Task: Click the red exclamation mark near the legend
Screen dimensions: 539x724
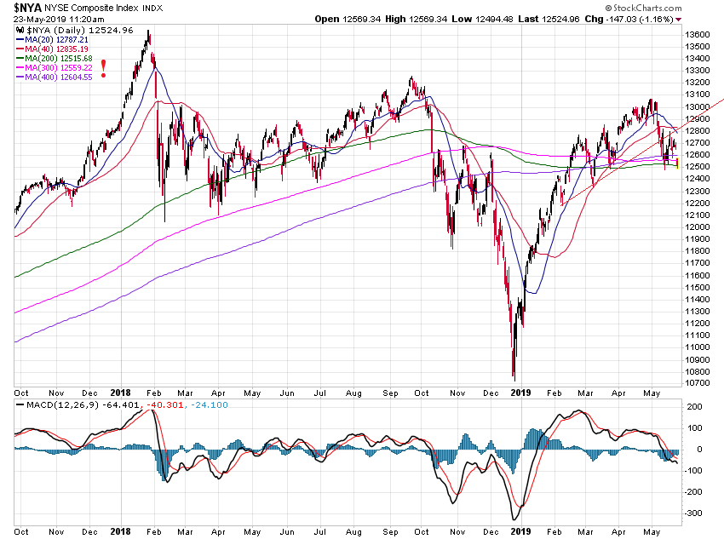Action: point(104,69)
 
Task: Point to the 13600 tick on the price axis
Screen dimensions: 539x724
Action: point(698,34)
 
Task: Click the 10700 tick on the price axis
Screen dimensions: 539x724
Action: point(698,383)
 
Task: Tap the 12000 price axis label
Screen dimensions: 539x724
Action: point(698,227)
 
